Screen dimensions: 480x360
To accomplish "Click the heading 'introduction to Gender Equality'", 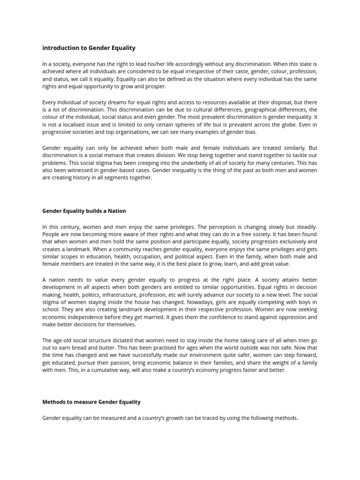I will [89, 48].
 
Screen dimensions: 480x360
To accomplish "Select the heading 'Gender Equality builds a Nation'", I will [84, 211].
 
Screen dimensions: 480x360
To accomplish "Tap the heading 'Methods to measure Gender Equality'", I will [91, 402].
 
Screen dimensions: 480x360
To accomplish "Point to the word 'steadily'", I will [305, 226].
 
